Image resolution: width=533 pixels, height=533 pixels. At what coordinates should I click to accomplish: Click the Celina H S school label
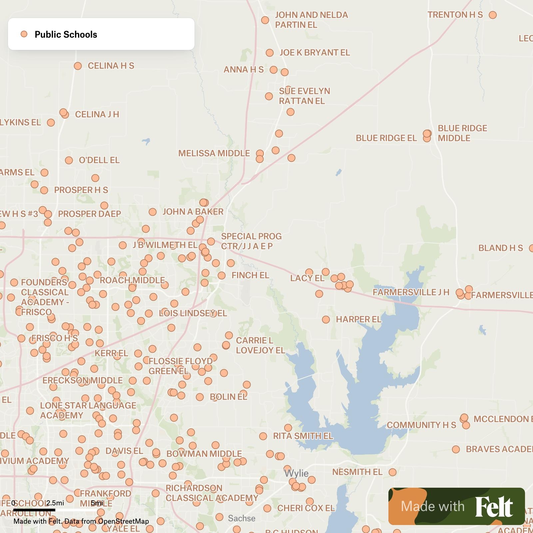click(111, 66)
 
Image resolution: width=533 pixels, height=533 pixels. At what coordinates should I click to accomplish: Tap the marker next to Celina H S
click(78, 66)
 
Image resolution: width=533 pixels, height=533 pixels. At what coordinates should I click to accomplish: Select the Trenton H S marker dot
click(493, 15)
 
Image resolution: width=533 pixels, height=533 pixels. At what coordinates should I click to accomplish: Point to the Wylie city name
click(296, 473)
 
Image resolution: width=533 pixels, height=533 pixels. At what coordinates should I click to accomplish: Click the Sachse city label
click(242, 518)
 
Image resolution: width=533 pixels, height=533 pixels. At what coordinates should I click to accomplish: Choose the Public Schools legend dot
click(24, 34)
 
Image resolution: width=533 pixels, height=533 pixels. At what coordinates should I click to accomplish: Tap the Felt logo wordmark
click(494, 507)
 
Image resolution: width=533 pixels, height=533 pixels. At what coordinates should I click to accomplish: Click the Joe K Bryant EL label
click(314, 53)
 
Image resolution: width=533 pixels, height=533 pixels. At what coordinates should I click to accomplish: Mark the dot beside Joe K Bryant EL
click(270, 53)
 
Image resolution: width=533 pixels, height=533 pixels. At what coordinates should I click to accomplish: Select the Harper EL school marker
click(326, 320)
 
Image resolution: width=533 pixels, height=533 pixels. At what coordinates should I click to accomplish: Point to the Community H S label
click(421, 425)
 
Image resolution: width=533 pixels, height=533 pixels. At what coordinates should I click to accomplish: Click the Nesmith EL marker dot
click(393, 472)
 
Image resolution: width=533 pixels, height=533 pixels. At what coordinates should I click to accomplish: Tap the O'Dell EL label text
click(99, 160)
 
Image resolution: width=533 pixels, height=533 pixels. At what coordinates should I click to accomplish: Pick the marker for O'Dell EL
click(69, 161)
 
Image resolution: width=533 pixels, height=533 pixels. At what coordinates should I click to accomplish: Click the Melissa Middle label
click(214, 153)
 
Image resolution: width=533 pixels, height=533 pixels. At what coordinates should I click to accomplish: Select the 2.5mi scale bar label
click(55, 503)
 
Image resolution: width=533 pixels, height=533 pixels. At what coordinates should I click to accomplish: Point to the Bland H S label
click(500, 248)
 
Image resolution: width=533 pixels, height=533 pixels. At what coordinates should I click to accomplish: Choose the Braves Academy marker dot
click(456, 449)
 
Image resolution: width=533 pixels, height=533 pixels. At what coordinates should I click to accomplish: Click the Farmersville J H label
click(411, 292)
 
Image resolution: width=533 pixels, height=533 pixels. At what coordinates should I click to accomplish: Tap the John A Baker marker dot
click(153, 212)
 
